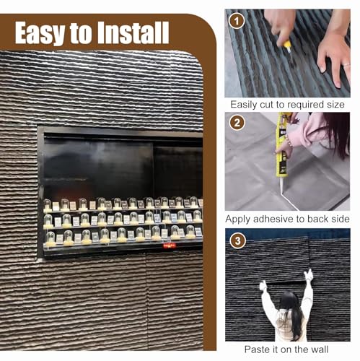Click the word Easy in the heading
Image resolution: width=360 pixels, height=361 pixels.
pos(39,33)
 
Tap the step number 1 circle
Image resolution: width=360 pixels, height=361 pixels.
pos(237,21)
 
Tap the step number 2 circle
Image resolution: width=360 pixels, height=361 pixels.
pos(237,123)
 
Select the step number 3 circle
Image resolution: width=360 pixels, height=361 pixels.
pos(237,241)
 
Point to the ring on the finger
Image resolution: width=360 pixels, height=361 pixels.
pos(346,64)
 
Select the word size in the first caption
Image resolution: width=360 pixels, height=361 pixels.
pos(335,105)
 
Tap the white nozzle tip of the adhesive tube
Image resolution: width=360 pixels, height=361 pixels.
pos(281,189)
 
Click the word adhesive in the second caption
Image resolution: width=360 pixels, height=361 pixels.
pos(273,219)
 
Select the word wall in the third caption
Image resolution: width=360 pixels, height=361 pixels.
pos(320,349)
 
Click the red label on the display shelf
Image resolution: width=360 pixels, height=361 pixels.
pos(170,245)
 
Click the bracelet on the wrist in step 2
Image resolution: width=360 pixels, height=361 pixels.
pos(290,144)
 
